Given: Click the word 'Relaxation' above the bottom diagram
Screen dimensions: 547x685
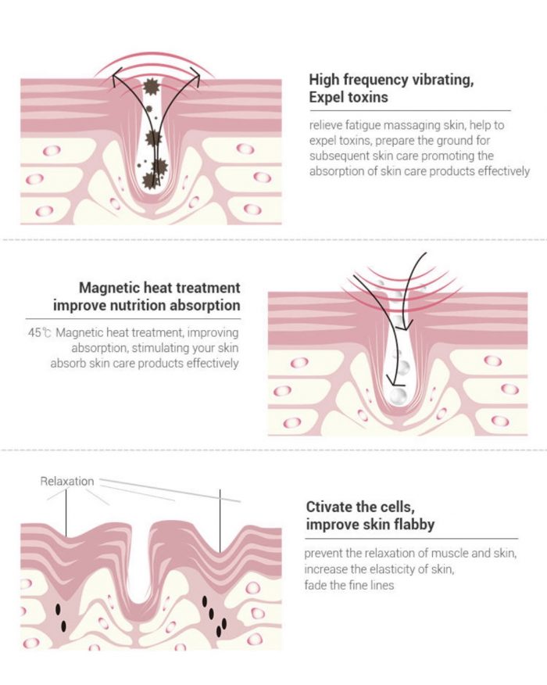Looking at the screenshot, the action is [66, 481].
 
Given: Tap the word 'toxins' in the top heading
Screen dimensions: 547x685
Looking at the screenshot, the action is [366, 97].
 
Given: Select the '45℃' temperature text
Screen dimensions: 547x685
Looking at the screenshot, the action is [40, 332].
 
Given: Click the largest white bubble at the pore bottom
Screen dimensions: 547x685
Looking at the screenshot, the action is [398, 396].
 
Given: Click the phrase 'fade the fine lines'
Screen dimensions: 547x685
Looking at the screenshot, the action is [349, 585].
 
